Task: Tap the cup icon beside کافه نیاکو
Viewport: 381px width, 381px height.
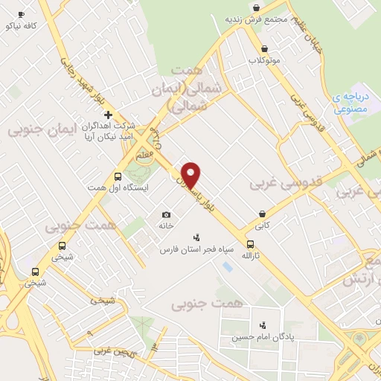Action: point(21,15)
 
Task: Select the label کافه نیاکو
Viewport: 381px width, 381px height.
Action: point(21,25)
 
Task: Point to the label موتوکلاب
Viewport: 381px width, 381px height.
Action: point(264,60)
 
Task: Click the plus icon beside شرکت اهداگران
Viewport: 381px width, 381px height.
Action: point(109,115)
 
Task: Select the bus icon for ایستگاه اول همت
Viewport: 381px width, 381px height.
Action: point(118,176)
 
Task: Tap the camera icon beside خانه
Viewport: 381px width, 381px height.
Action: point(165,214)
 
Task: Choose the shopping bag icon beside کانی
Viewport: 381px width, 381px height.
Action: point(262,213)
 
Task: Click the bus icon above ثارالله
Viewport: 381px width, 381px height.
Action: point(249,244)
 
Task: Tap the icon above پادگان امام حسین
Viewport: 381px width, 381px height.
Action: point(262,325)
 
